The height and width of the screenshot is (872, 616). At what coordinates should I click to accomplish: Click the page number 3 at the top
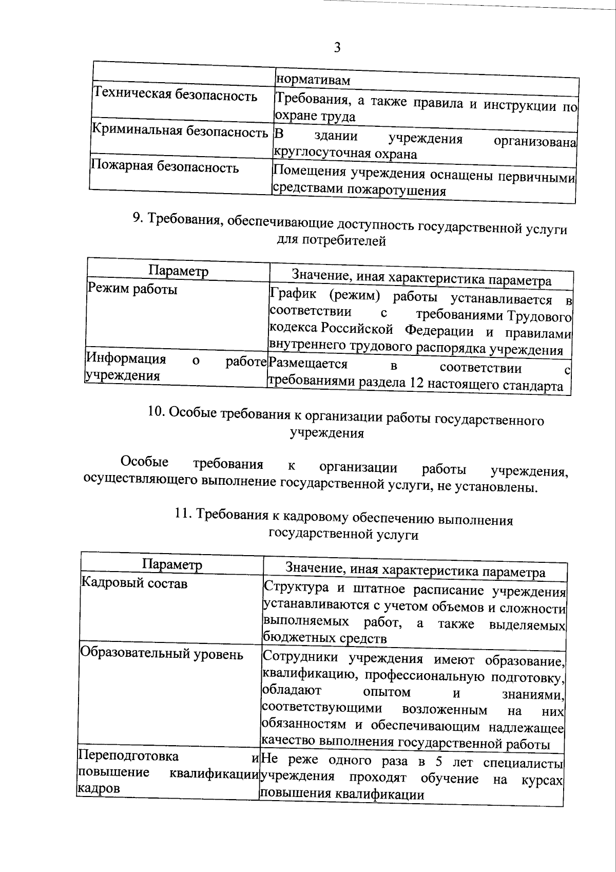point(337,48)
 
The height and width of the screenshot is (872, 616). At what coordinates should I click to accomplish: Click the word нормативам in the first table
point(313,81)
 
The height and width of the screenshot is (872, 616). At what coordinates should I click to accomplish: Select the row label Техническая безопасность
point(175,96)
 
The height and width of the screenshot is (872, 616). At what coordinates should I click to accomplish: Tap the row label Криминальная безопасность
point(180,131)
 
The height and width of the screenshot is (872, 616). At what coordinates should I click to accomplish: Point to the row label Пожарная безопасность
point(164,167)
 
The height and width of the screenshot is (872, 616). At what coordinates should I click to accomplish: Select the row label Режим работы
point(132,289)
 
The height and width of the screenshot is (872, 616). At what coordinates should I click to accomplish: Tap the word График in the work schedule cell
point(294,294)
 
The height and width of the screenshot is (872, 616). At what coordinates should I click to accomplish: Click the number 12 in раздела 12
point(416,384)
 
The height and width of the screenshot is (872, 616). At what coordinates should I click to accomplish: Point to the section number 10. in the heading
point(155,412)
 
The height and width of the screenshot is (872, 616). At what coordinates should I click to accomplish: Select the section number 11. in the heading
point(182,514)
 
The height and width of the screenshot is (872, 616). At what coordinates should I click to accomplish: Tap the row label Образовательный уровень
point(161,655)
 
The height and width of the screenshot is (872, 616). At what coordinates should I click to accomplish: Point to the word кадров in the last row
point(98,788)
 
